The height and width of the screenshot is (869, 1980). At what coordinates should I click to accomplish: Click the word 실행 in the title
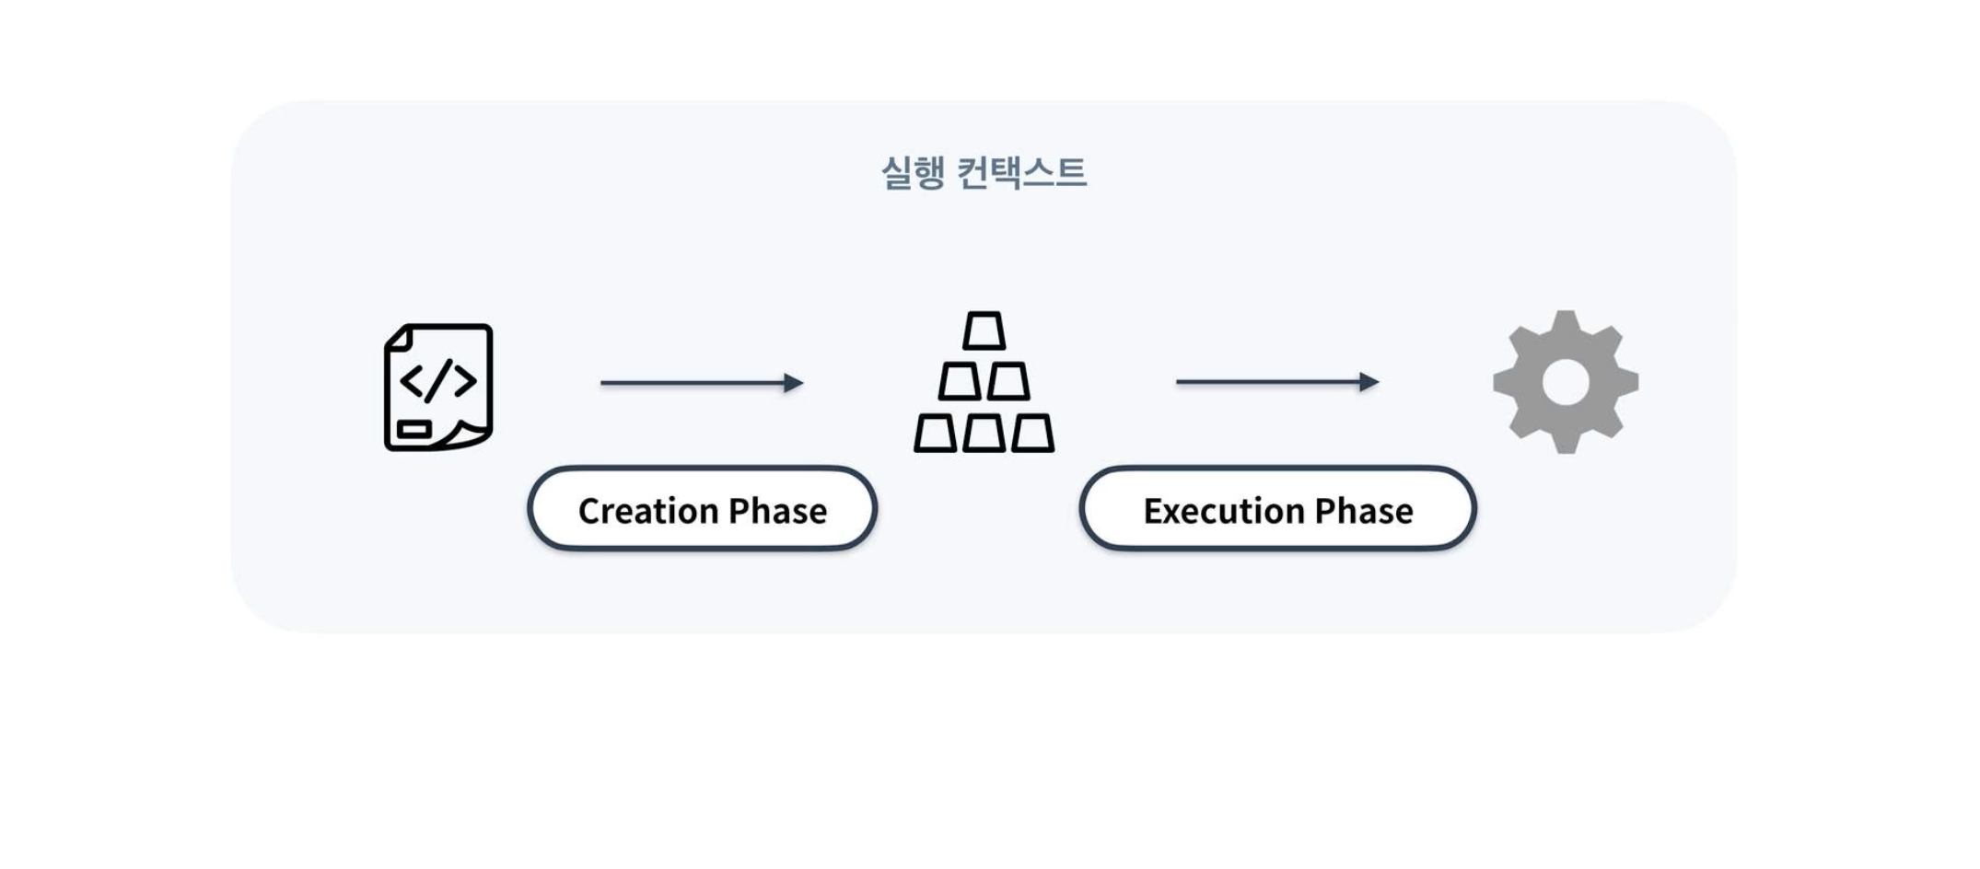(913, 172)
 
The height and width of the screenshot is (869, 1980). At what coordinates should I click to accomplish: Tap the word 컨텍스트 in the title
(1022, 172)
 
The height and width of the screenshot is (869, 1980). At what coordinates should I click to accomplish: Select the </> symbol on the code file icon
(438, 379)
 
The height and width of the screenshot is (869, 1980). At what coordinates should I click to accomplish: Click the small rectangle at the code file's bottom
(414, 429)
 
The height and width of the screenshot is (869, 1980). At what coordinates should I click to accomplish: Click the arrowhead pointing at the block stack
(794, 383)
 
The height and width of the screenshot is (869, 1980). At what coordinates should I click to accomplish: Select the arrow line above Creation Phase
(691, 383)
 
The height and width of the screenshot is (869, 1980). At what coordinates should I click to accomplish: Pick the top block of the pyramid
(984, 331)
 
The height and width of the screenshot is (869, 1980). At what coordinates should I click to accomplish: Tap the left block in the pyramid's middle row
(959, 381)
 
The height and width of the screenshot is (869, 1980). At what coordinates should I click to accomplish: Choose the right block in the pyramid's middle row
(1008, 381)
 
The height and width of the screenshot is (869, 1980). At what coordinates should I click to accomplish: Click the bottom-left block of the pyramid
(935, 433)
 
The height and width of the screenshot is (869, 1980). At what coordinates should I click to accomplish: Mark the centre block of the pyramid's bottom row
(984, 433)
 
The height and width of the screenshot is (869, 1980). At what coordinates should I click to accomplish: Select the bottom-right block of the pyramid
(1032, 433)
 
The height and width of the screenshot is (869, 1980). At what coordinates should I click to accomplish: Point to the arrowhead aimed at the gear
(1369, 382)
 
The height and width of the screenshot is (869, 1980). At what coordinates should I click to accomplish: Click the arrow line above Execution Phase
(1267, 382)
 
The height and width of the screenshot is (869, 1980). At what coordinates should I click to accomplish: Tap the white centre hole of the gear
(1566, 382)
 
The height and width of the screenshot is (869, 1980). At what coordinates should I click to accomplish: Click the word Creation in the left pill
(647, 511)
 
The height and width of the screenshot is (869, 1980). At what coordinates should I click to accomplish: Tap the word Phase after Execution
(1364, 511)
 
